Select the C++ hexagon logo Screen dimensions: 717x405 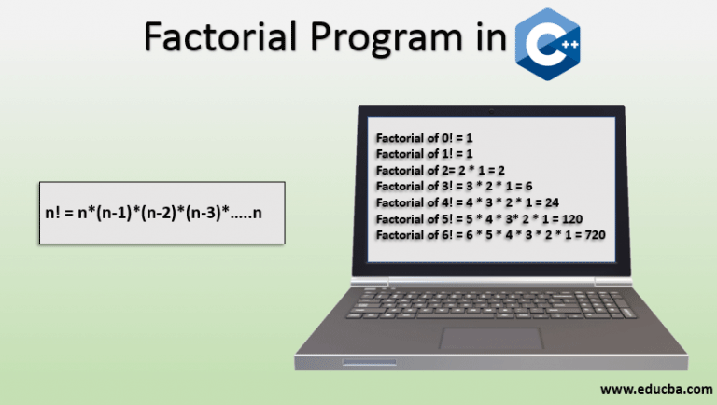coord(548,44)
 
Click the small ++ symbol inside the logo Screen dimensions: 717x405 coord(569,45)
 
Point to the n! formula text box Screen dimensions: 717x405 coord(162,213)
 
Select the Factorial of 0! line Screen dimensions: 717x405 coord(425,137)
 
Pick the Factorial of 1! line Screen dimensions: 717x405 coord(425,154)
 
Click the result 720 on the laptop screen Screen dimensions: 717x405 coord(595,235)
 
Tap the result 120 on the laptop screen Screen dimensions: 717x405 coord(572,219)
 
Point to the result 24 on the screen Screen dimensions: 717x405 coord(552,202)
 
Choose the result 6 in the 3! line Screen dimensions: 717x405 coord(528,186)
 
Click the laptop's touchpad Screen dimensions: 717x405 coord(492,339)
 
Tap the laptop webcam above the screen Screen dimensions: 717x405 coord(491,111)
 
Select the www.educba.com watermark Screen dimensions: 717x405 coord(656,389)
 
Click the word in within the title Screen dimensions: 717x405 coord(492,36)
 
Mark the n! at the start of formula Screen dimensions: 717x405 coord(52,213)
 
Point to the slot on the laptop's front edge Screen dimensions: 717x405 coord(370,362)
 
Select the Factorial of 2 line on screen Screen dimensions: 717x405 coord(441,170)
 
